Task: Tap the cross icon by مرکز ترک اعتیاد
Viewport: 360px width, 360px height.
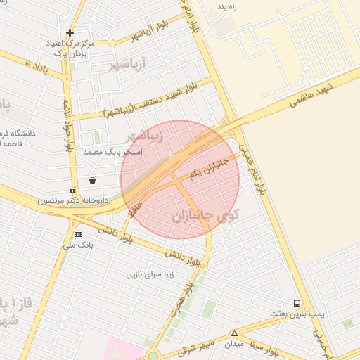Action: tap(70, 32)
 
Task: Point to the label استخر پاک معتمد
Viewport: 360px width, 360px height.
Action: tap(113, 151)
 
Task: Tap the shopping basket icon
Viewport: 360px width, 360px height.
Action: tap(93, 180)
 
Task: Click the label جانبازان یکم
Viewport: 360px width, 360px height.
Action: tap(210, 168)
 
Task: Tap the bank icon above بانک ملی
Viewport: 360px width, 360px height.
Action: tap(78, 234)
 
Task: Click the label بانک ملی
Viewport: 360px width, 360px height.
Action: tap(78, 245)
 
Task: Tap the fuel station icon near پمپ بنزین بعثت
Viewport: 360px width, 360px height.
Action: tap(298, 303)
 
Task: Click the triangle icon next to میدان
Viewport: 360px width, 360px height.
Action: tap(235, 333)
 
